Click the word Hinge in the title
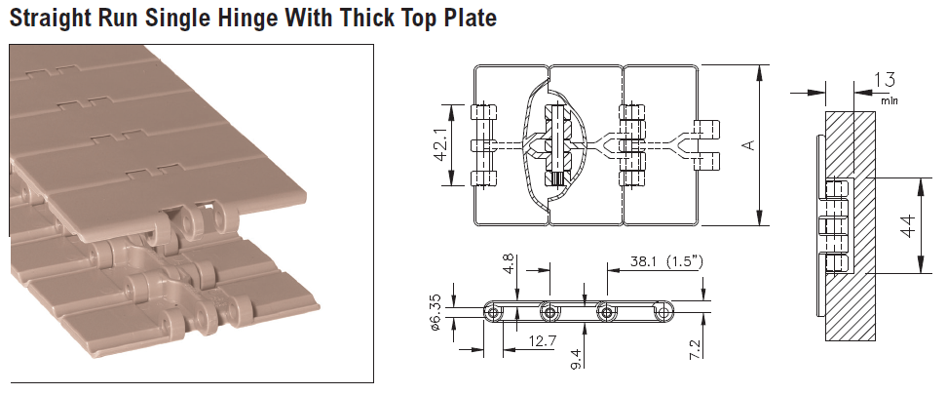click(247, 19)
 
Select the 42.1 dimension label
click(441, 144)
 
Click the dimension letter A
click(749, 145)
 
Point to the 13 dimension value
click(885, 80)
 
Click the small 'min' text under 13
click(890, 100)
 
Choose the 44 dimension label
click(908, 225)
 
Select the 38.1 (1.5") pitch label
click(666, 261)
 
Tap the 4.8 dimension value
click(509, 264)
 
